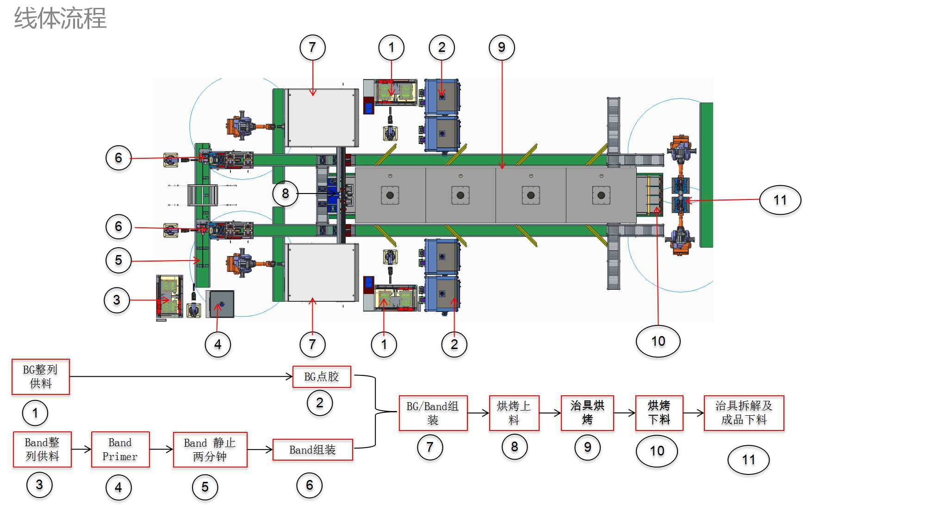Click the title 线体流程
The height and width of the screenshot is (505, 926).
coord(60,19)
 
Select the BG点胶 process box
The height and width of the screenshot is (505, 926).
coord(322,377)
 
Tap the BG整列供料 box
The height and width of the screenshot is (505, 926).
coord(41,377)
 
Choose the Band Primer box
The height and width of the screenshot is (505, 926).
coord(120,449)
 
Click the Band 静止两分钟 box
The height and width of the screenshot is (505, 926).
coord(210,449)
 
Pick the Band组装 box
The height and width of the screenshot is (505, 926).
coord(313,449)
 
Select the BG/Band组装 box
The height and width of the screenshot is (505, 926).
coord(433,413)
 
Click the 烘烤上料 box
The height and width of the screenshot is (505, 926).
coord(514,413)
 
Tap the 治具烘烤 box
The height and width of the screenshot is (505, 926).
coord(587,413)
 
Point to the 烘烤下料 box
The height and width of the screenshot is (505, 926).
coord(659,413)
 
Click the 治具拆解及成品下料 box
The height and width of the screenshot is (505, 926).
coord(744,413)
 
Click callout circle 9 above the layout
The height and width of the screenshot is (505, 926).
coord(502,47)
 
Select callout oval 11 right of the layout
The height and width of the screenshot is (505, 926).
coord(780,200)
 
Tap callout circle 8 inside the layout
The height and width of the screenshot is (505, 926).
coord(285,193)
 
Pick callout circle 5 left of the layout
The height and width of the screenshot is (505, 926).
coord(118,260)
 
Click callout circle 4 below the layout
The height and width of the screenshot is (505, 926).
coord(218,344)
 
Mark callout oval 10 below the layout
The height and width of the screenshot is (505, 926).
coord(658,342)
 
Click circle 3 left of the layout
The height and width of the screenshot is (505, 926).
coord(117,300)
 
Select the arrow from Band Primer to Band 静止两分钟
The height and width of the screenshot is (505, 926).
coord(161,449)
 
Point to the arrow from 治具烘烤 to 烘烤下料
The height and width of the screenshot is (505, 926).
coord(624,413)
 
